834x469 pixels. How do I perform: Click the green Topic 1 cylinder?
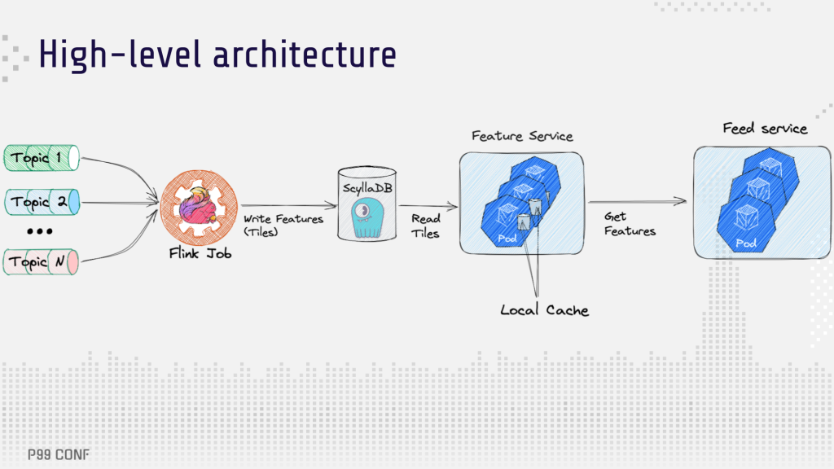(42, 158)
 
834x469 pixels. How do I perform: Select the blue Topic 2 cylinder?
(42, 202)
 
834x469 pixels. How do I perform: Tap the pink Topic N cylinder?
(41, 261)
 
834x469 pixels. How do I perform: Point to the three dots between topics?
(40, 231)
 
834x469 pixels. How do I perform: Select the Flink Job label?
(200, 254)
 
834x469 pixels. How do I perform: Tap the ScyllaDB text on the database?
(367, 188)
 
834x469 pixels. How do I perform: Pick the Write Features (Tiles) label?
(283, 226)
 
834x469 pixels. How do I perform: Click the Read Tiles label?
(425, 226)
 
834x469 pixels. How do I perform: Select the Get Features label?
(630, 224)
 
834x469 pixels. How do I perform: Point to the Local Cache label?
(545, 310)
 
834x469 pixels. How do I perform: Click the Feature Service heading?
(522, 136)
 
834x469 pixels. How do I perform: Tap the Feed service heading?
(765, 128)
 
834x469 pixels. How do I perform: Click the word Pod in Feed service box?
(746, 243)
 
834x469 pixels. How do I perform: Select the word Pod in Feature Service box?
(507, 239)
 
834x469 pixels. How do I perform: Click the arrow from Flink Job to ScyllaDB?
(289, 205)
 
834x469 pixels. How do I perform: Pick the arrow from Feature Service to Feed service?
(637, 202)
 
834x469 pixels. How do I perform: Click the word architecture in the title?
(305, 55)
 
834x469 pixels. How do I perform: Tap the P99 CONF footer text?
(59, 454)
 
